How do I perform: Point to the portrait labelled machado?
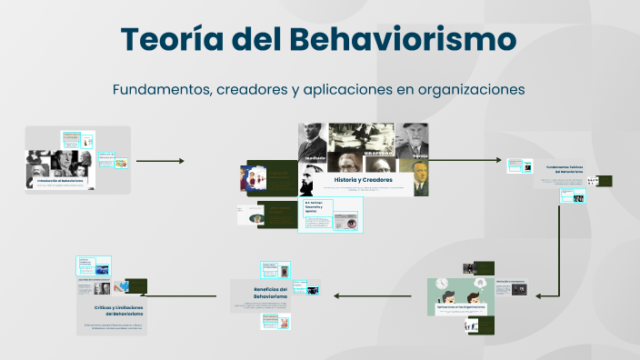tap(315, 143)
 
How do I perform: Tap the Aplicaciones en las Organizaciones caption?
tap(462, 307)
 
